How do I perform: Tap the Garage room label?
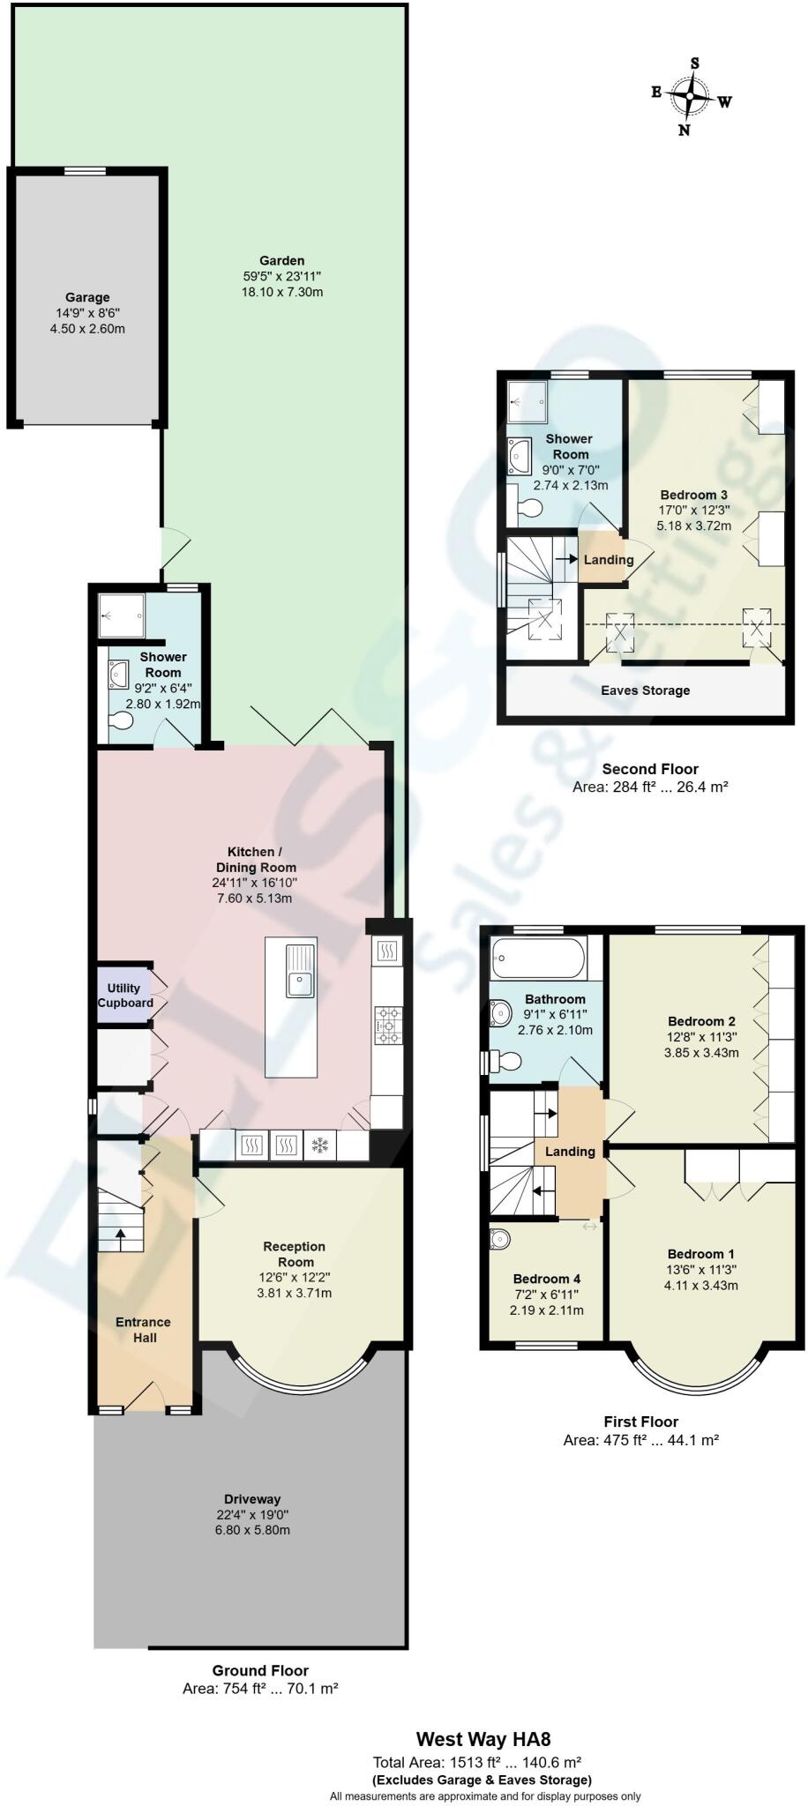86,297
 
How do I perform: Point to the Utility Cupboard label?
124,996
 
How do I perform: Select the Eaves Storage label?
645,690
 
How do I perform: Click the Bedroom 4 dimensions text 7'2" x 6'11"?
547,1295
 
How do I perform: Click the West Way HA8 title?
483,1740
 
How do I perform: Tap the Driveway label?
252,1498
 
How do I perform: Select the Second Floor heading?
649,769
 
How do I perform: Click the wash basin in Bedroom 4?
499,1239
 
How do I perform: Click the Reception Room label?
295,1254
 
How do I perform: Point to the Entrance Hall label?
143,1330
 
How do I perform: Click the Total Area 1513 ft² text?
476,1763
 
